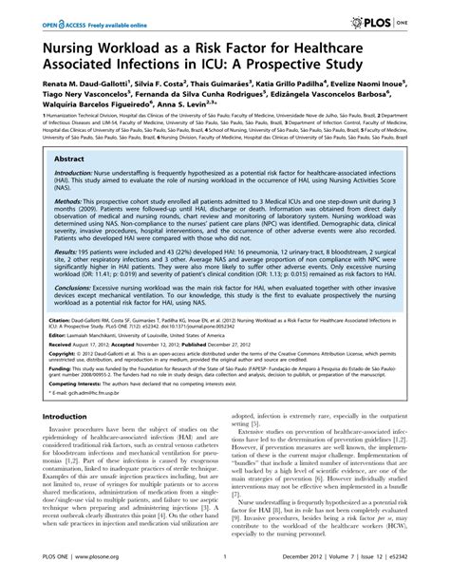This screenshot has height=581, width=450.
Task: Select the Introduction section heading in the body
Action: click(58, 442)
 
